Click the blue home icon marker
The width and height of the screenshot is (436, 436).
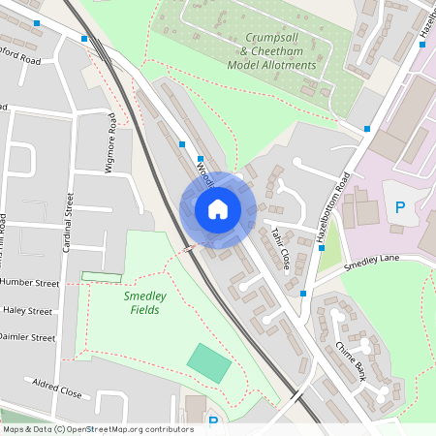point(218,208)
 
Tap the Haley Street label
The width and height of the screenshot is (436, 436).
point(28,311)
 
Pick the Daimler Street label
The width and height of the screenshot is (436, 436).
point(30,338)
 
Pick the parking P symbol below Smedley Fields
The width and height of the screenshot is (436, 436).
point(213,421)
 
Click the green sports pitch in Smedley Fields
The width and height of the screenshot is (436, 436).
point(209,361)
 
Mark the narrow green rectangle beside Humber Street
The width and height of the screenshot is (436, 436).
point(101,277)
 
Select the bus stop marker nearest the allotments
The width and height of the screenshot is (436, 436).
point(368,129)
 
